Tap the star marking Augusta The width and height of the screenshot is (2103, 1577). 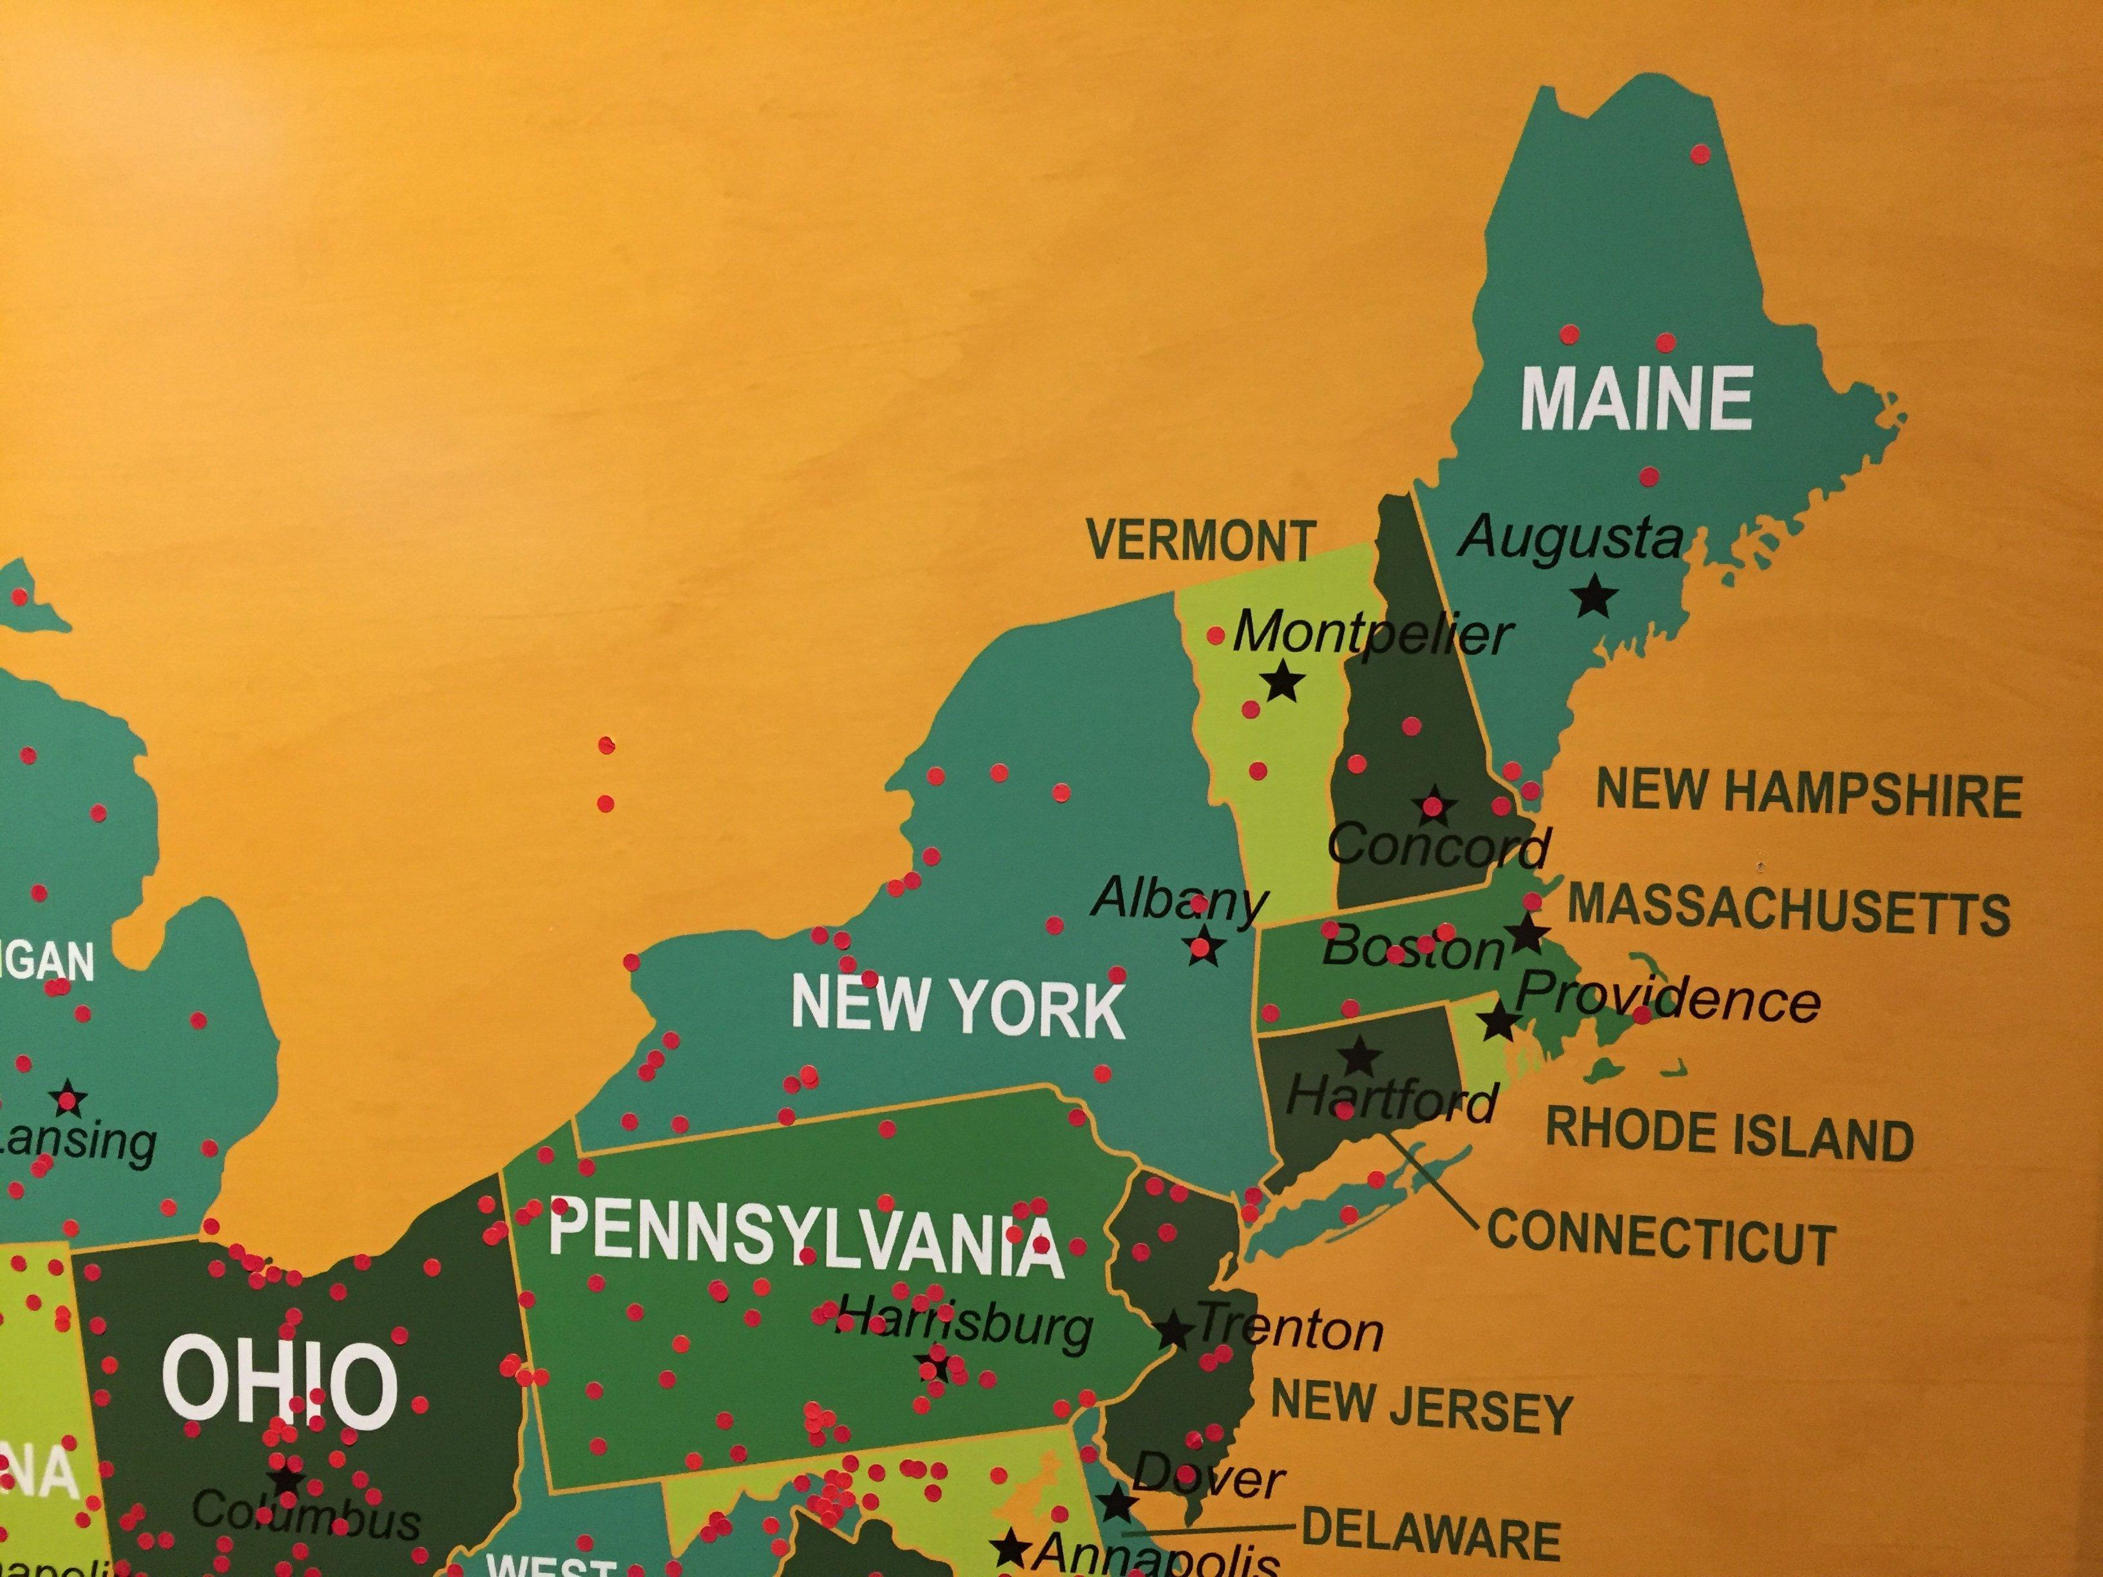(x=1595, y=598)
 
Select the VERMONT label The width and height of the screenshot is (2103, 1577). (x=1202, y=541)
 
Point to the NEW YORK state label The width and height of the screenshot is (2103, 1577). (x=958, y=1007)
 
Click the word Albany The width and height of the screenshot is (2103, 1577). (x=1179, y=898)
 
